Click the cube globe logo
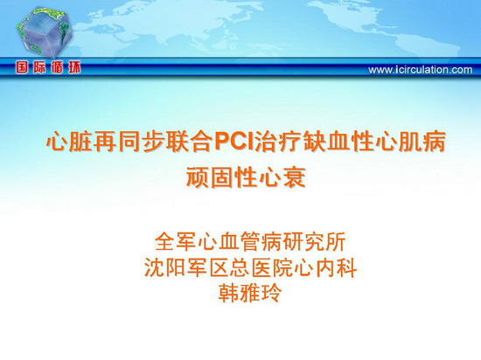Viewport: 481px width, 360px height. point(45,32)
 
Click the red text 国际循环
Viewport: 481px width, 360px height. point(48,67)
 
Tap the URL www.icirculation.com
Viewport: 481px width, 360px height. point(421,70)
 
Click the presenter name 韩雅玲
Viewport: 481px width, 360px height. point(250,294)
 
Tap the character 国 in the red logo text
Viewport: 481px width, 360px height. point(22,67)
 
